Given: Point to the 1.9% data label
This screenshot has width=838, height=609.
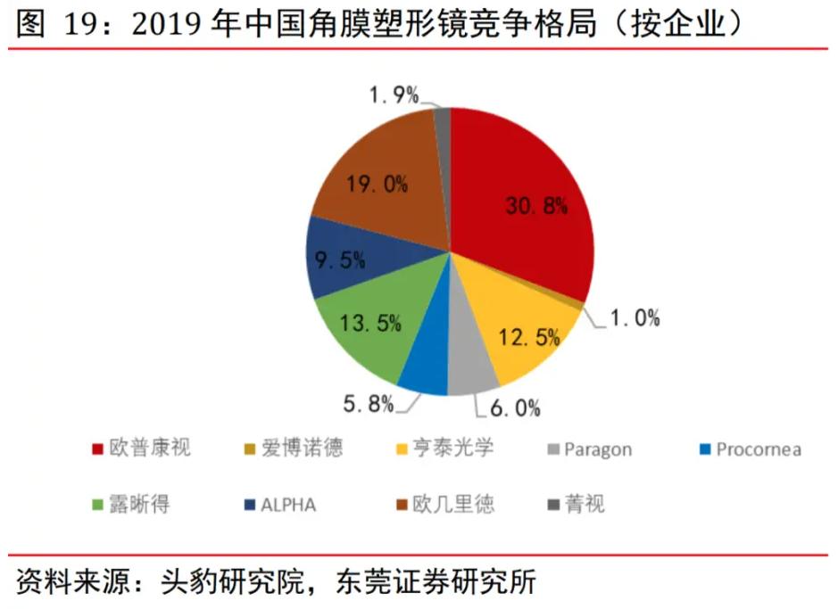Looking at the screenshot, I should pyautogui.click(x=394, y=95).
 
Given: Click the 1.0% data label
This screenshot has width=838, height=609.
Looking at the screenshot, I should pyautogui.click(x=635, y=317).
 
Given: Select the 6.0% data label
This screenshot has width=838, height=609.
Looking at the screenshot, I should pyautogui.click(x=515, y=408).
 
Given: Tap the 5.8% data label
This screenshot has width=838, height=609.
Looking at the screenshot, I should pyautogui.click(x=368, y=403).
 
